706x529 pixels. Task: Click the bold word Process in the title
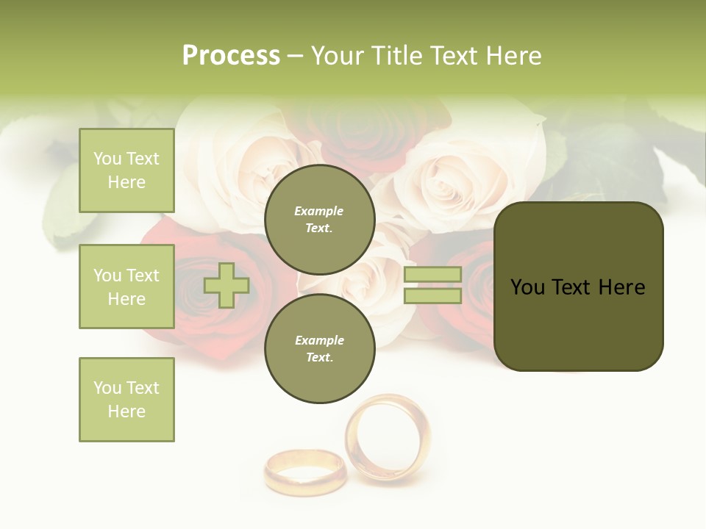(231, 55)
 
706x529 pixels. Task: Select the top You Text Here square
(126, 170)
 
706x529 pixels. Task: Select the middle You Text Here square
(126, 287)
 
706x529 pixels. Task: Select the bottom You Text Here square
(126, 400)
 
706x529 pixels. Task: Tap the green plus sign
(226, 285)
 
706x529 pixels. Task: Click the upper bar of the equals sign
(432, 275)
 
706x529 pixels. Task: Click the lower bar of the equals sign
(432, 296)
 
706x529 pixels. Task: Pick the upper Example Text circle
(320, 219)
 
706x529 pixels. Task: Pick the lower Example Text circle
(320, 348)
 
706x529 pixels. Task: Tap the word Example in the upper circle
(319, 211)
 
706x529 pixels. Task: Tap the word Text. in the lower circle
(319, 357)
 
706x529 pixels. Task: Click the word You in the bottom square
(107, 388)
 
